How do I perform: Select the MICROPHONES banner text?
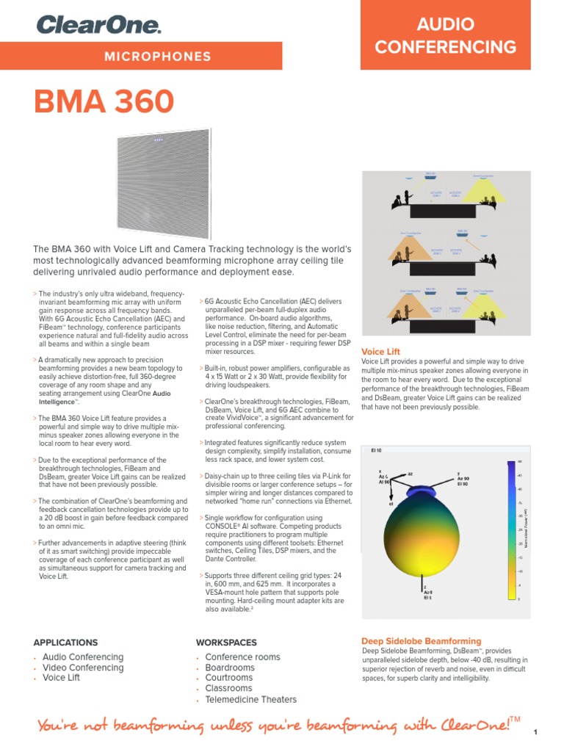tap(158, 57)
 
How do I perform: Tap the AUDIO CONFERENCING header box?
tap(445, 36)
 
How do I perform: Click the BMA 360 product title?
tap(104, 102)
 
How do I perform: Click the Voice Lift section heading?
tap(380, 352)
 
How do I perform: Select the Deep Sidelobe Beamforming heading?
tap(422, 641)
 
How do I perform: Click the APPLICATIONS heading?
tap(65, 642)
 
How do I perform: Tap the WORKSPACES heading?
tap(226, 642)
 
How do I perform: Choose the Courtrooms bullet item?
tap(228, 678)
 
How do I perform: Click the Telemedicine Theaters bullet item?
tap(250, 700)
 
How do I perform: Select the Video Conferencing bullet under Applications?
tap(83, 668)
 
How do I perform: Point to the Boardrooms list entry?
tap(230, 668)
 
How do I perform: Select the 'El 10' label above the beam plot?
tap(376, 449)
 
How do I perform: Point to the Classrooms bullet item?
tap(228, 689)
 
